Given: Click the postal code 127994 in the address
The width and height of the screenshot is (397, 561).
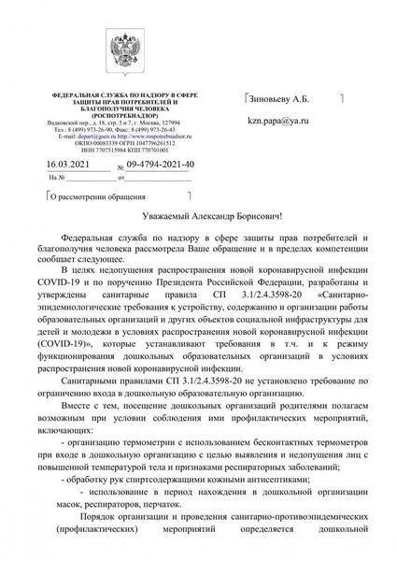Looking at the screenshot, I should pos(181,122).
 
